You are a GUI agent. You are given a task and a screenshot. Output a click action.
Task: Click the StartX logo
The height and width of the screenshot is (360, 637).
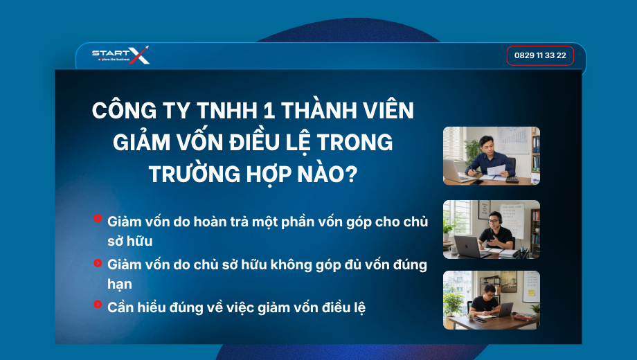(120, 55)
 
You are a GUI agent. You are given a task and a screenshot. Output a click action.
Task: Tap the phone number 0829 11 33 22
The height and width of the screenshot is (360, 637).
(540, 55)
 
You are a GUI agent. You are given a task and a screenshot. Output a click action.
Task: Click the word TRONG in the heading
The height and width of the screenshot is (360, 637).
(355, 143)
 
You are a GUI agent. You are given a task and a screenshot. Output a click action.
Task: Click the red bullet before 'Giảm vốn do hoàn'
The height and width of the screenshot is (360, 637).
(98, 218)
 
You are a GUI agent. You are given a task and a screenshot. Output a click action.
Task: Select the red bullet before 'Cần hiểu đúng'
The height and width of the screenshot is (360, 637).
(98, 304)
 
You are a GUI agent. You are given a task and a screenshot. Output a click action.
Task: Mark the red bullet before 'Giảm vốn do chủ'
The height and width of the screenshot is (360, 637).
(98, 263)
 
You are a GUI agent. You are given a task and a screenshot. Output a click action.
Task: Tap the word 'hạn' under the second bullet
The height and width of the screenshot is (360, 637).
(119, 284)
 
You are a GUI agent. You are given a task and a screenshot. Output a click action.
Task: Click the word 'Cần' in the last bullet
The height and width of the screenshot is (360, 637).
(120, 307)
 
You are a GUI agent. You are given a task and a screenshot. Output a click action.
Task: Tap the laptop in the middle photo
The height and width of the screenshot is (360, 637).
(467, 245)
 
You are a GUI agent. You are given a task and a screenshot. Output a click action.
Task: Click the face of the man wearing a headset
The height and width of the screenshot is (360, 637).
(494, 221)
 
